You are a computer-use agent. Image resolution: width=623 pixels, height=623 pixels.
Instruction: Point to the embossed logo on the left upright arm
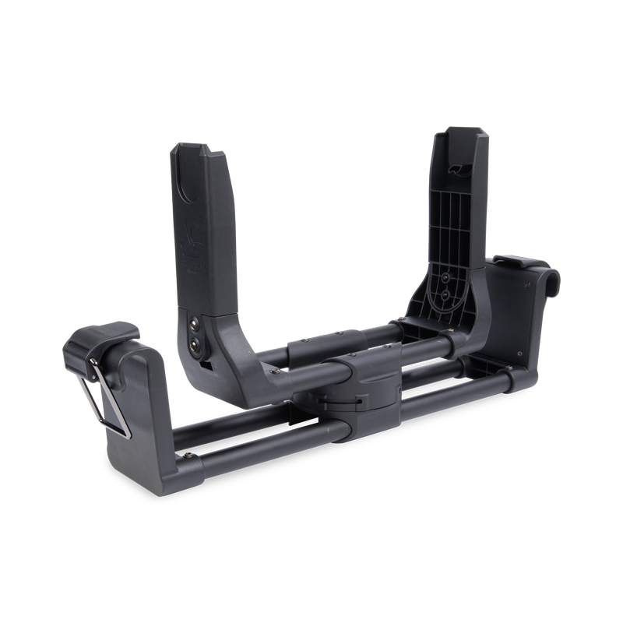coord(192,234)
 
